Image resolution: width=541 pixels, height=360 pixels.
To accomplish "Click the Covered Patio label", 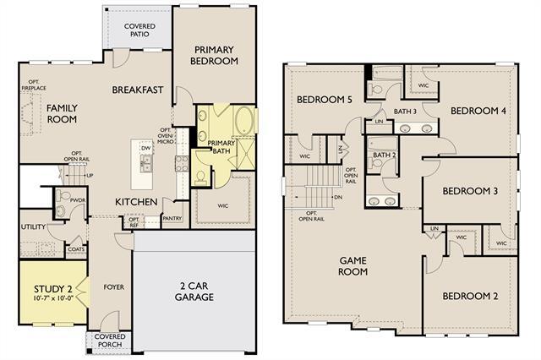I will [x=139, y=31].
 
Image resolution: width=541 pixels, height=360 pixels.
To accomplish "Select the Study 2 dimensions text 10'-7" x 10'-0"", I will [x=49, y=298].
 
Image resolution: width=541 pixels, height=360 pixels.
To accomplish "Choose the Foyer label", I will [x=113, y=287].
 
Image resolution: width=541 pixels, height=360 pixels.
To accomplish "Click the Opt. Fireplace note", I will [x=33, y=86].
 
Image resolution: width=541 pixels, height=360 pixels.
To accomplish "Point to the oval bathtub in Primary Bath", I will [x=243, y=119].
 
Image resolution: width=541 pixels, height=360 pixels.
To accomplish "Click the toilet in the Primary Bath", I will [x=201, y=176].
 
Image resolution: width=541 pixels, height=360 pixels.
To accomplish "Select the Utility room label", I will [x=34, y=227].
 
